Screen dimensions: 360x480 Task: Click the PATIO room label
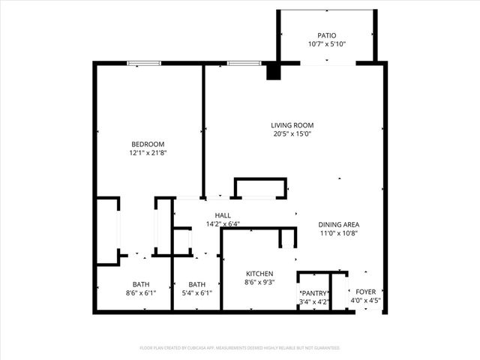point(326,35)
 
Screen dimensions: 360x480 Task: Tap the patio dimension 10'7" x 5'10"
point(326,44)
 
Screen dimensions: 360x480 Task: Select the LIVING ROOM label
point(292,125)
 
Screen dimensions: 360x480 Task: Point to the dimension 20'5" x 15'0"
point(292,134)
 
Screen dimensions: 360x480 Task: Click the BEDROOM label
point(148,144)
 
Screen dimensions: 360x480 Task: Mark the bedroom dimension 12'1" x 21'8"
point(148,153)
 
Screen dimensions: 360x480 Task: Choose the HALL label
point(202,215)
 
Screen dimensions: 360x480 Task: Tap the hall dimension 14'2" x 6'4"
point(202,223)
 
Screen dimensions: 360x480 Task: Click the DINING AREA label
point(338,224)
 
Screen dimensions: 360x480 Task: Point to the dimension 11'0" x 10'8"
point(338,233)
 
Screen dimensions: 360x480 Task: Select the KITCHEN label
point(259,274)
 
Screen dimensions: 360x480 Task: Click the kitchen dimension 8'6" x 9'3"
point(259,283)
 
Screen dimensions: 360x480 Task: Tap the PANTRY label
point(313,293)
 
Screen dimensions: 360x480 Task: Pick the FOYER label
point(366,292)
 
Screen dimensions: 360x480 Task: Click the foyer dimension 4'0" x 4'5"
point(366,301)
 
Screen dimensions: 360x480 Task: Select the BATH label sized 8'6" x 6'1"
point(141,284)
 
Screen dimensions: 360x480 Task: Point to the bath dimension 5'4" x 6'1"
point(197,293)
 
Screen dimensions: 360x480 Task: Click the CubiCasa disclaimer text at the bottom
point(240,348)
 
